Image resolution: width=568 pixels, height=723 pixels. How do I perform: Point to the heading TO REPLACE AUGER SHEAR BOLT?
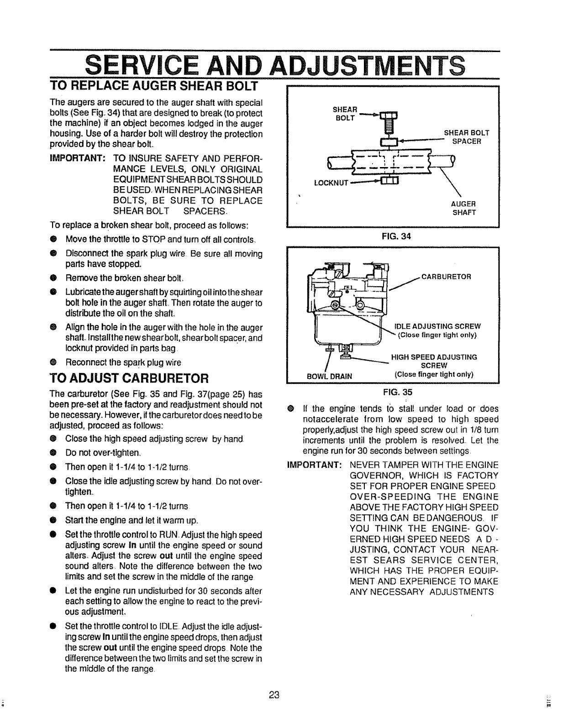click(154, 86)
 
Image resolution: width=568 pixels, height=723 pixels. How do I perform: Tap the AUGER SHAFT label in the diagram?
click(464, 208)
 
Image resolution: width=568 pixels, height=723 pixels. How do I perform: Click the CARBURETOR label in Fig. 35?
click(446, 277)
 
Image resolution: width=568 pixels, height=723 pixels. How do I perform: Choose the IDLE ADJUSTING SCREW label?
click(437, 326)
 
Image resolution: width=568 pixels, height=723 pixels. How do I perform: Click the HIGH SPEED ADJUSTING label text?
click(434, 357)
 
